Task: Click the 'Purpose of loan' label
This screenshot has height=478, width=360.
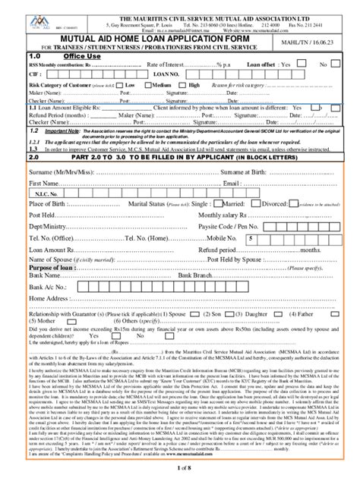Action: click(x=49, y=268)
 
